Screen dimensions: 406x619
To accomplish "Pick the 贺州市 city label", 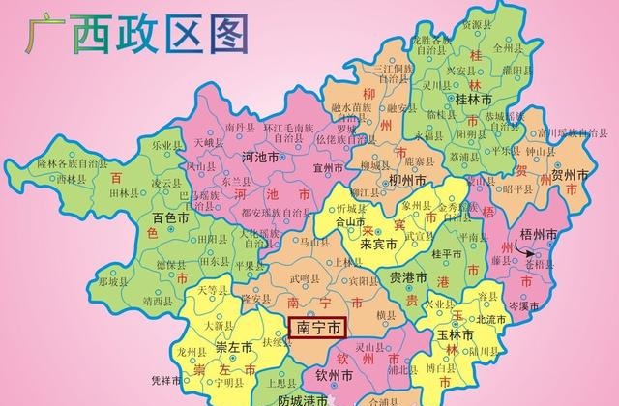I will coord(570,176).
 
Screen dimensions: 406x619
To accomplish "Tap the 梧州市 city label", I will coord(539,235).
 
